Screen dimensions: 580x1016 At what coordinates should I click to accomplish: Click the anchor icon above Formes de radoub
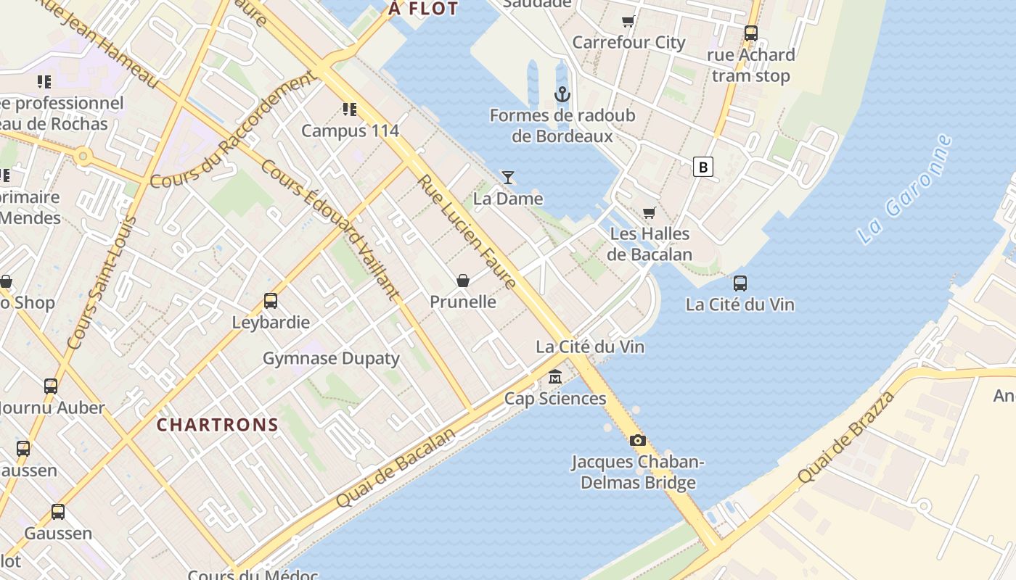point(562,94)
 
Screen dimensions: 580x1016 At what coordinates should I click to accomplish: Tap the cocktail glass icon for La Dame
point(508,178)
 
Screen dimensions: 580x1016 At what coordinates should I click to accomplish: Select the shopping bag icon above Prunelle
point(463,281)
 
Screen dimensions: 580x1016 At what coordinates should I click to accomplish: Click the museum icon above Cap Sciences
point(555,377)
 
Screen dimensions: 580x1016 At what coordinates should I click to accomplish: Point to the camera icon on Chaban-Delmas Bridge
point(637,440)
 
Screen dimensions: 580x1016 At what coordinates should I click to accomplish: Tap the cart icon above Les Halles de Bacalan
point(649,212)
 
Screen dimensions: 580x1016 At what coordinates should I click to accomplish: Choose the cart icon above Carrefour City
point(628,22)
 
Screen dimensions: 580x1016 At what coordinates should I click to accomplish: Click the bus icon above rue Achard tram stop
point(751,33)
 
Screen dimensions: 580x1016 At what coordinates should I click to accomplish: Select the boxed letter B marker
point(702,167)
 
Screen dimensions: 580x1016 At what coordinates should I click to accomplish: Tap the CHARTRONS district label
point(218,425)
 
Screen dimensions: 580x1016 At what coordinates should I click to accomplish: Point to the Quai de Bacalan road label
point(397,468)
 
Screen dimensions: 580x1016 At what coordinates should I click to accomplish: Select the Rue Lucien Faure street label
point(467,232)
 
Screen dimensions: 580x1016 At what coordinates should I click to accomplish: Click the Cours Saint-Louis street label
point(102,283)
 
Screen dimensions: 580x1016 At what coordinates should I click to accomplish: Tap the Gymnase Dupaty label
point(331,358)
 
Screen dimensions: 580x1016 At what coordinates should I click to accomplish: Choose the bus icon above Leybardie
point(271,301)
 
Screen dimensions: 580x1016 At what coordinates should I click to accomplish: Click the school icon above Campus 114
point(350,109)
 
